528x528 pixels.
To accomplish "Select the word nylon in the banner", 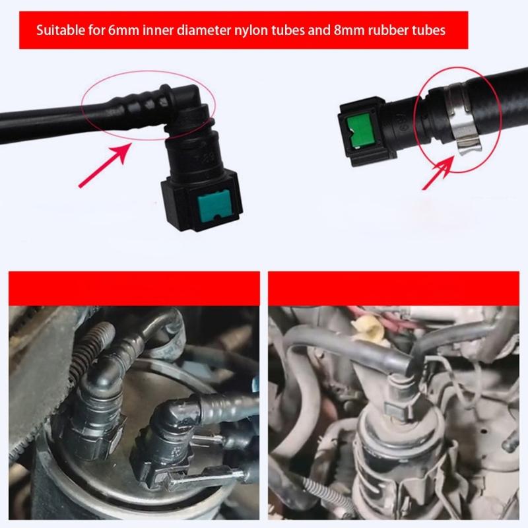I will [257, 30].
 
